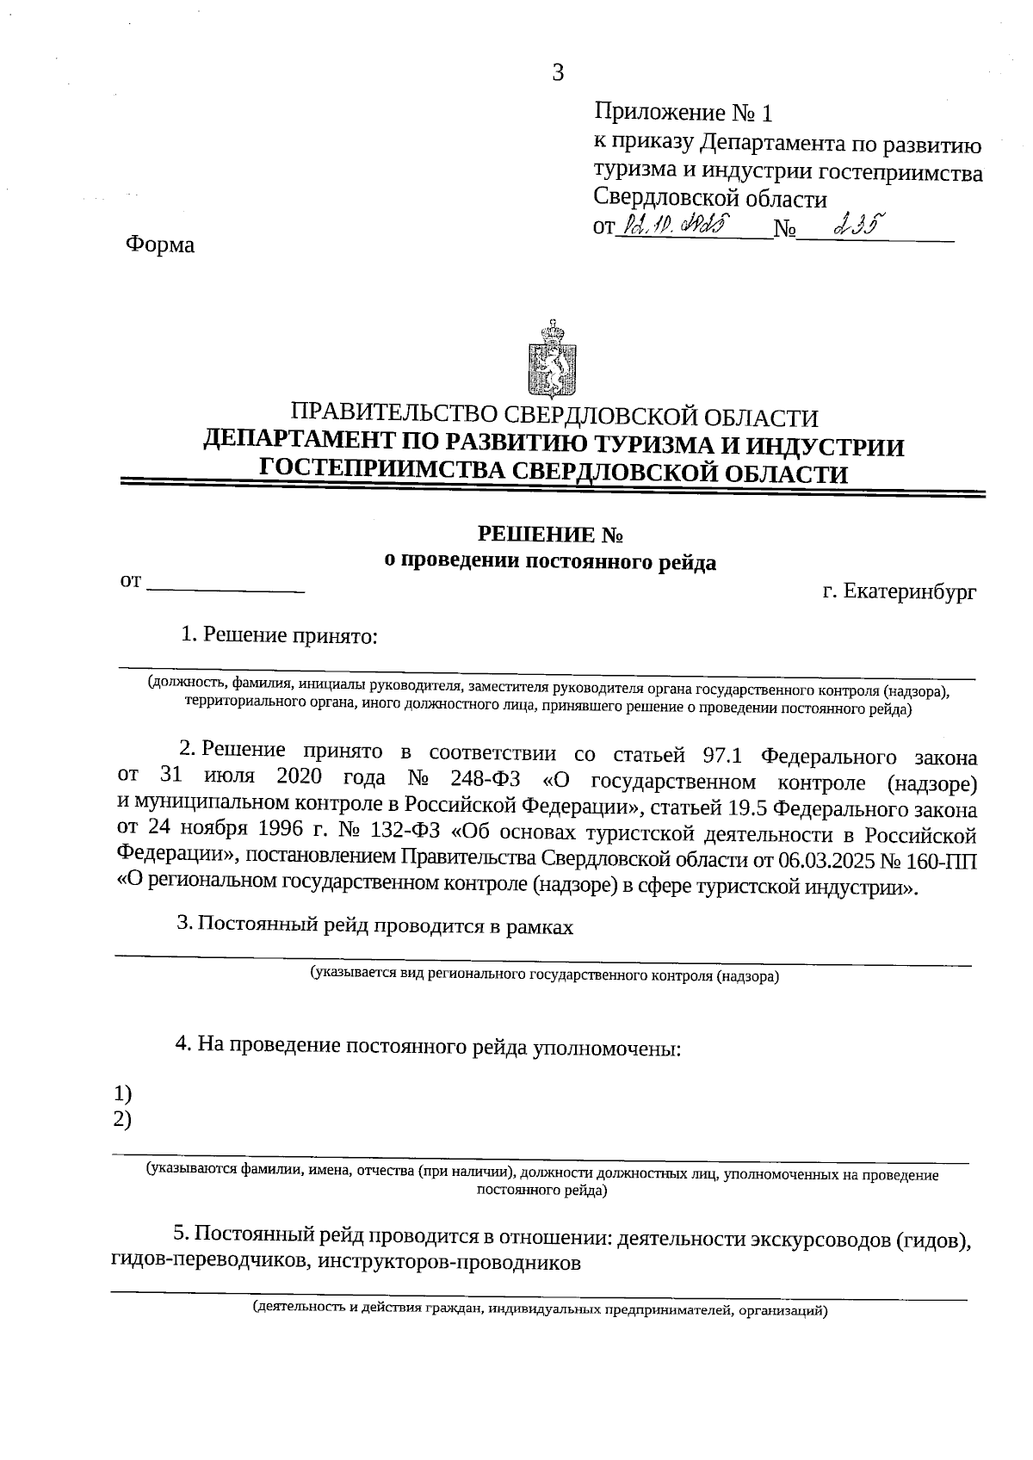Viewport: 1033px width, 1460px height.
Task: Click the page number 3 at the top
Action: tap(557, 73)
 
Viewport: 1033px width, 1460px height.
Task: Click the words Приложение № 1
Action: tap(684, 113)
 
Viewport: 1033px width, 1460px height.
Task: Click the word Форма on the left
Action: tap(160, 245)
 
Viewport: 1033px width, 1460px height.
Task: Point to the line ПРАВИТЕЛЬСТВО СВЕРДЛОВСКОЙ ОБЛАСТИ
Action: tap(554, 418)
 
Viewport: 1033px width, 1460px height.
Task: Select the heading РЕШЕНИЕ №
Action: tap(550, 535)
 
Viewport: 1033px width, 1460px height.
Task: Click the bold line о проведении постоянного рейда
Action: tap(549, 562)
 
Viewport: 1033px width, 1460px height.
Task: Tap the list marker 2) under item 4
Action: tap(122, 1119)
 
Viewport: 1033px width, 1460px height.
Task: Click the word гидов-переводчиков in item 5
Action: tap(209, 1263)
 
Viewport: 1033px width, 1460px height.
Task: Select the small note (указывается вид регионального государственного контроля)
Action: tap(544, 976)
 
